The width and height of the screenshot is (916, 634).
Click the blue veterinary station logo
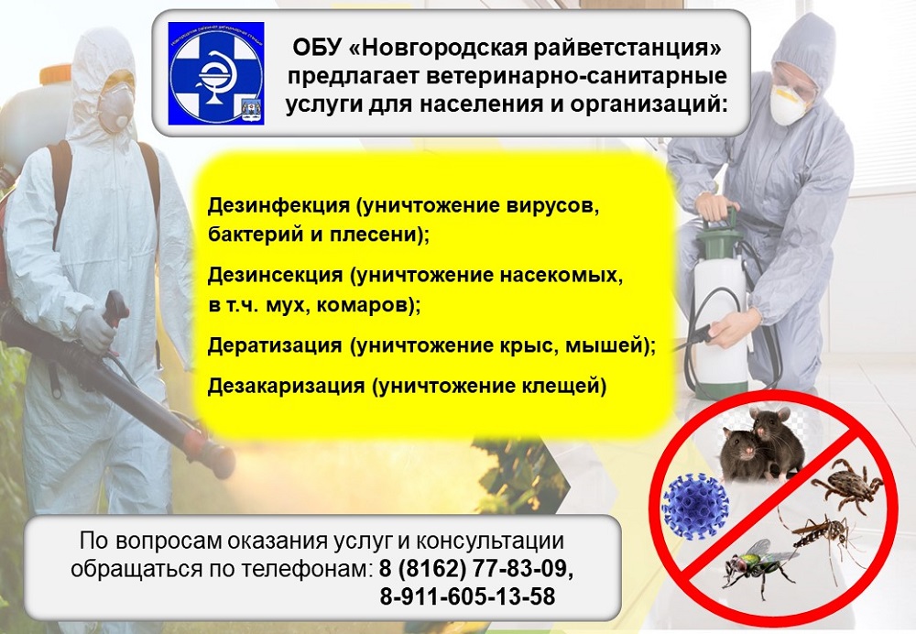click(216, 73)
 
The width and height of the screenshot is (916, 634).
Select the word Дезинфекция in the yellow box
click(278, 206)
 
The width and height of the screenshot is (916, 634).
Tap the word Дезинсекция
click(275, 275)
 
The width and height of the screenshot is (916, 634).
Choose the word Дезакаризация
click(286, 386)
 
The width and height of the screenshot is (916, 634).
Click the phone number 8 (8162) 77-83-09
click(475, 568)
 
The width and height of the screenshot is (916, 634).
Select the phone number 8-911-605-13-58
click(467, 597)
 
